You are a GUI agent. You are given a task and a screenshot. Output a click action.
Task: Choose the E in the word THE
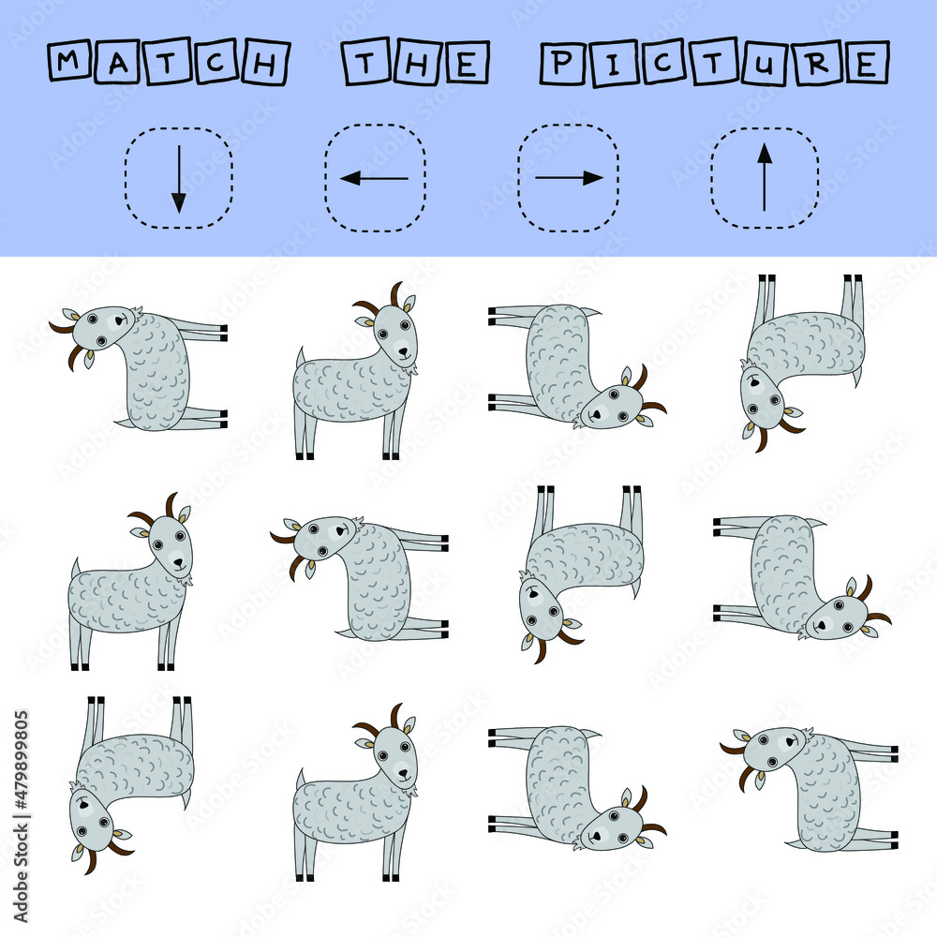click(x=466, y=64)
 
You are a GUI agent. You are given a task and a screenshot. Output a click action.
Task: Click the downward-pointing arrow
click(x=178, y=179)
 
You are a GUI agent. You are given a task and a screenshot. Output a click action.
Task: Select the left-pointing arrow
click(x=374, y=178)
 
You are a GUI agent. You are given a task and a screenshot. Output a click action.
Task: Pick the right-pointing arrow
click(x=569, y=178)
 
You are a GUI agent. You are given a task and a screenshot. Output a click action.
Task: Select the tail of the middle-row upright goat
click(x=75, y=568)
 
